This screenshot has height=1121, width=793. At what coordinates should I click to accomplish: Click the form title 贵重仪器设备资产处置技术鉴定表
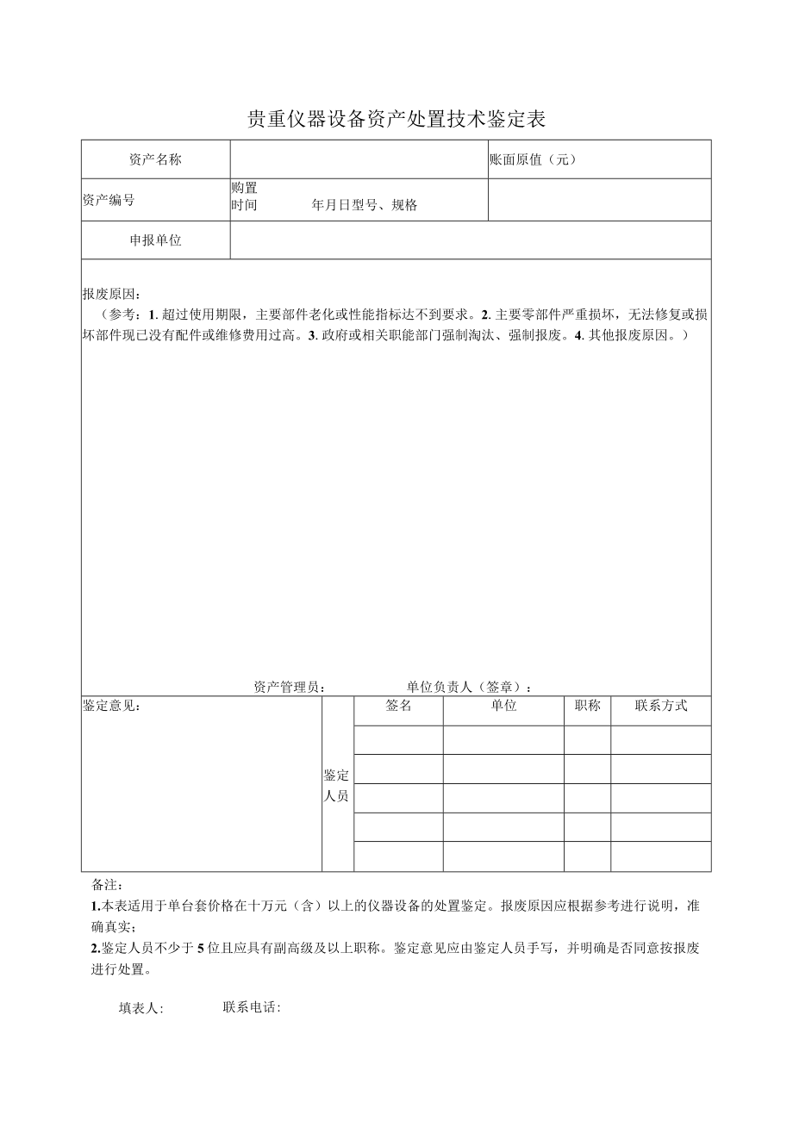[x=396, y=119]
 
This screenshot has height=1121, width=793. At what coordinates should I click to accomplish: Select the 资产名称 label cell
[x=155, y=159]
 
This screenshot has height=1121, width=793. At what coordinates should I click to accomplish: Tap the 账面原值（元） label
[x=532, y=159]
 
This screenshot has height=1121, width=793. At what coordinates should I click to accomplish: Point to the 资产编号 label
[x=109, y=200]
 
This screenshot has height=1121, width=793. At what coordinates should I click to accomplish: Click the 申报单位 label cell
[x=155, y=240]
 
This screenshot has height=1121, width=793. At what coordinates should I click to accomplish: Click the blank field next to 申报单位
[x=470, y=240]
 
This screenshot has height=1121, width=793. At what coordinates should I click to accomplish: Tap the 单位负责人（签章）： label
[x=469, y=687]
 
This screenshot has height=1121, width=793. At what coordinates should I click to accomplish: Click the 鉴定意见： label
[x=112, y=706]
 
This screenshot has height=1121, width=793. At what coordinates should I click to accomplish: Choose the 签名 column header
[x=398, y=706]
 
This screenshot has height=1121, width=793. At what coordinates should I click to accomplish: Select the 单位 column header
[x=503, y=706]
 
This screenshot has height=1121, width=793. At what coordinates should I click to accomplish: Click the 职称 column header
[x=587, y=706]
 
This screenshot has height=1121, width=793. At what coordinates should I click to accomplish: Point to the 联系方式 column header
[x=661, y=706]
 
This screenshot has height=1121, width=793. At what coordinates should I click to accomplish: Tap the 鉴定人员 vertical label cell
[x=337, y=785]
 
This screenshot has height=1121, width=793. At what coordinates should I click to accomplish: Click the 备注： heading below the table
[x=108, y=885]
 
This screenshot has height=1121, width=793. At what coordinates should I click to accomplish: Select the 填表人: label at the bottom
[x=140, y=1008]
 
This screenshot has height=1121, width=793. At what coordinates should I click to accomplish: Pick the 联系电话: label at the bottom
[x=252, y=1007]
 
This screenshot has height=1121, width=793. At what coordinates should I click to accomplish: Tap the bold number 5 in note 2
[x=200, y=948]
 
